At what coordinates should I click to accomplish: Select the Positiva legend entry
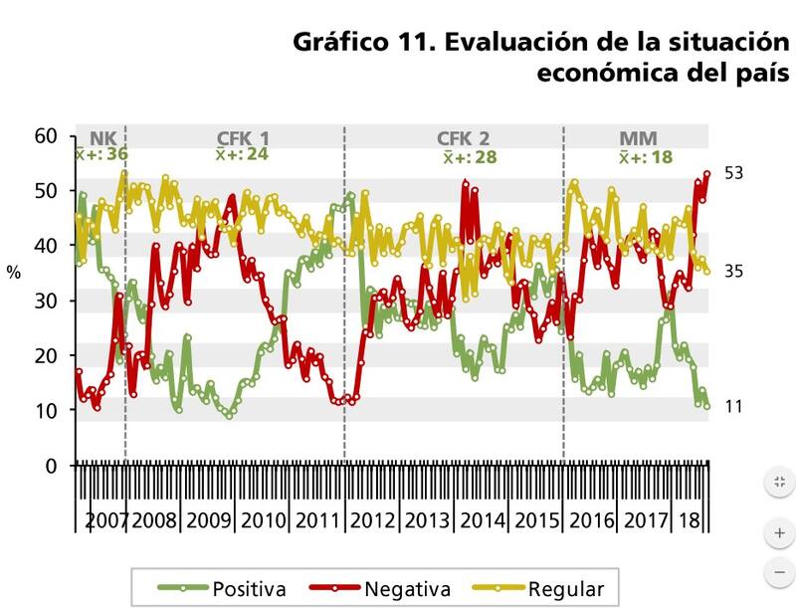coord(249,588)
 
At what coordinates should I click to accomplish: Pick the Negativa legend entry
coord(407,588)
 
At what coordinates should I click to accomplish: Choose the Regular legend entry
coord(566,588)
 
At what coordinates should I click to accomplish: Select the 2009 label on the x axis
coord(209,520)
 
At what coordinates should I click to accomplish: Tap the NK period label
coord(101,138)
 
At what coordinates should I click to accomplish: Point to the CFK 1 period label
coord(243,138)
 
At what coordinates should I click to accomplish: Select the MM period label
coord(638,138)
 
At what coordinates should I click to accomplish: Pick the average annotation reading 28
coord(470,158)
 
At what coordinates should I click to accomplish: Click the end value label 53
coord(735,173)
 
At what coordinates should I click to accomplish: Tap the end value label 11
coord(734,406)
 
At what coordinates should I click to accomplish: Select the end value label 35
coord(735,271)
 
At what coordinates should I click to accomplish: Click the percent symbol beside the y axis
coord(14,271)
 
